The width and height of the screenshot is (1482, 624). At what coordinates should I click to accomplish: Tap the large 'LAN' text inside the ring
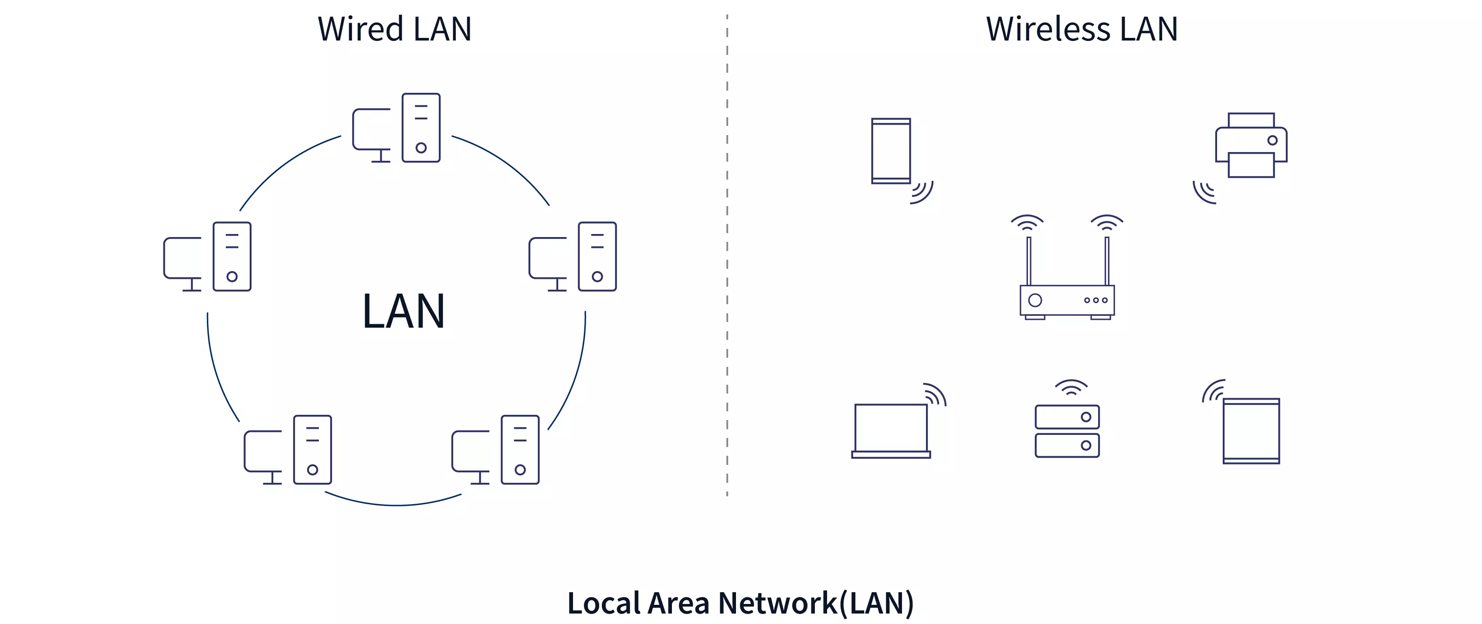click(x=404, y=311)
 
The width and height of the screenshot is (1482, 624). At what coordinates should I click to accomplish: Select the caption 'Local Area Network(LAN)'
click(x=740, y=603)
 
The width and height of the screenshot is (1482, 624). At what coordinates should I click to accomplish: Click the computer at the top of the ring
click(x=397, y=128)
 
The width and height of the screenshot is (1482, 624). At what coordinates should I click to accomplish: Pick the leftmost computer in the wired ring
click(x=208, y=257)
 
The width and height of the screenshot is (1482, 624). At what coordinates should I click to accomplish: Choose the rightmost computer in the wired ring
click(x=573, y=257)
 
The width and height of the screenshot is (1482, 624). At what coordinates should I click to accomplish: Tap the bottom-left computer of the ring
click(x=288, y=450)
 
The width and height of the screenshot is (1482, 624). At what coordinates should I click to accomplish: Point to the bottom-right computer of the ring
click(x=496, y=450)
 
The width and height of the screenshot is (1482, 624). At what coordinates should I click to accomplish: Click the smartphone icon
click(x=891, y=151)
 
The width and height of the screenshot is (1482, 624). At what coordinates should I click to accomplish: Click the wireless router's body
click(x=1067, y=300)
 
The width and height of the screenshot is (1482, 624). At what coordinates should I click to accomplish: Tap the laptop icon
click(x=891, y=430)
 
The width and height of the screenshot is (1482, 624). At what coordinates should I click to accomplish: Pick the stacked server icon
click(x=1067, y=431)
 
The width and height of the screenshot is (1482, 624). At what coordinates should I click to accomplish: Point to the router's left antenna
click(x=1029, y=261)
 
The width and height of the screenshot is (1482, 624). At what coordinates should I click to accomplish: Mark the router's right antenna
click(x=1106, y=261)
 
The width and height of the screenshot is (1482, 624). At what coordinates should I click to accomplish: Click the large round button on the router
click(x=1035, y=300)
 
